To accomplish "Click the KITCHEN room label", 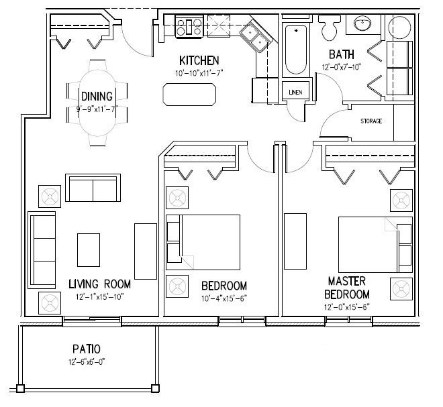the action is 199,60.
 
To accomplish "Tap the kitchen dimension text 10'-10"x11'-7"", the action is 199,73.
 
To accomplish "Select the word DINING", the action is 97,97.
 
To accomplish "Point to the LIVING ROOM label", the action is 100,284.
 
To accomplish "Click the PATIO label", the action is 87,349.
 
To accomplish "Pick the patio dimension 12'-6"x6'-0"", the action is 87,362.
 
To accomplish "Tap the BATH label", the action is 342,54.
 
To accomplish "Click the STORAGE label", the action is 371,121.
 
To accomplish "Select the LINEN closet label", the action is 295,93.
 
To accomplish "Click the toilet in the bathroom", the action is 328,27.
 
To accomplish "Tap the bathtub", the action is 296,50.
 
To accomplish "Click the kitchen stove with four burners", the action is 189,26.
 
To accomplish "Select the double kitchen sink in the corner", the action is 256,38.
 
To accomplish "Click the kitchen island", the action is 189,95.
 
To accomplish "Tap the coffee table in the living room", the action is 89,250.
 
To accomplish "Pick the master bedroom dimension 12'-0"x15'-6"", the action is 347,307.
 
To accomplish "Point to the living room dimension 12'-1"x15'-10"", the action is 100,297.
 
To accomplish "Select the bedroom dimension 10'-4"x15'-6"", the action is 224,298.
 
